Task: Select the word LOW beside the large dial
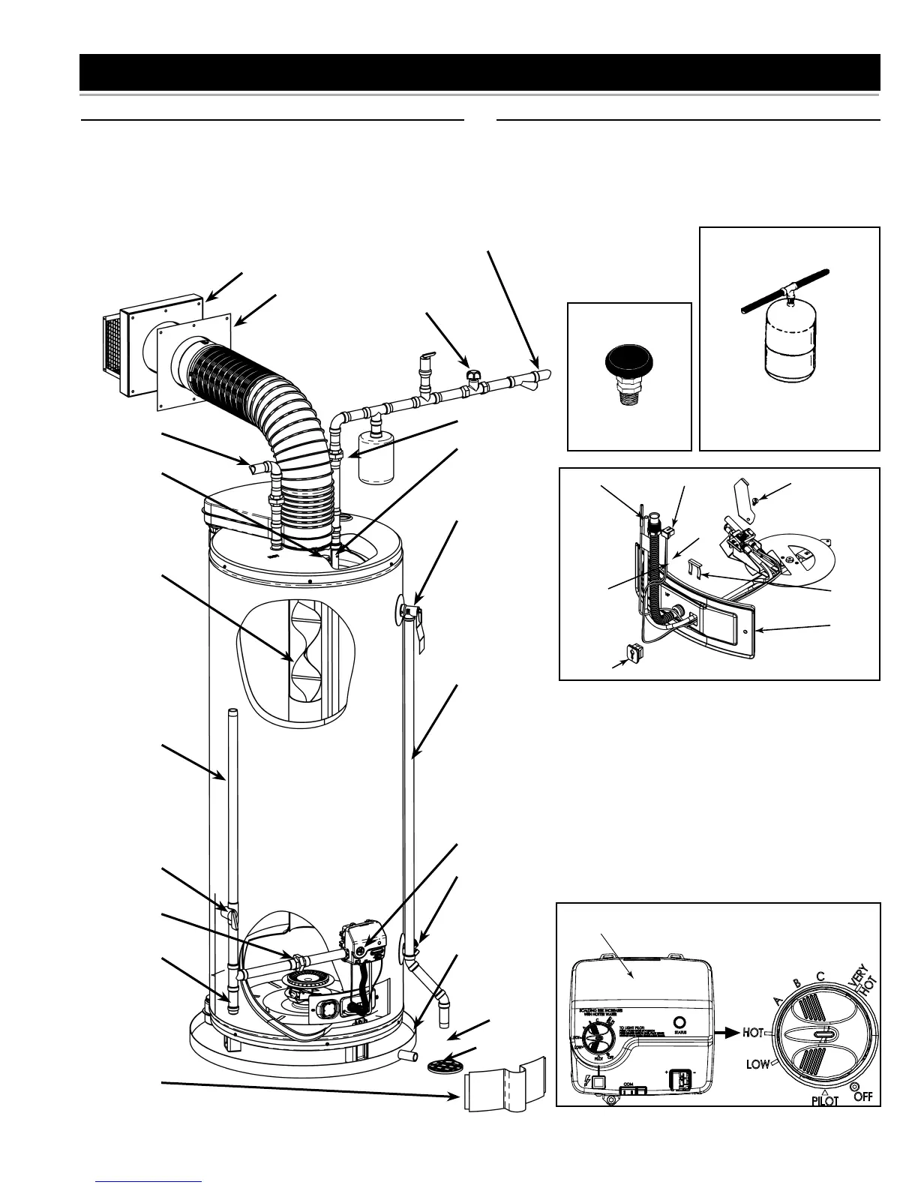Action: point(758,1063)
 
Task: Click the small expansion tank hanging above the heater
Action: point(376,460)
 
